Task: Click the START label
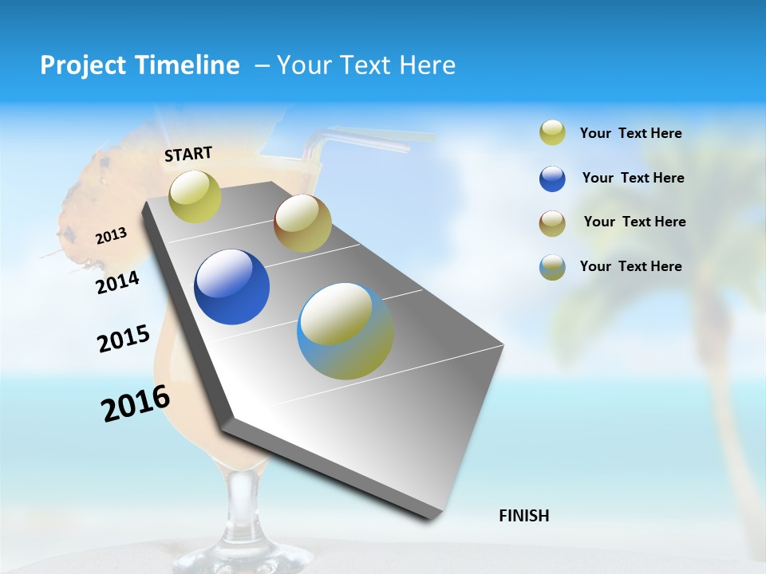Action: (188, 154)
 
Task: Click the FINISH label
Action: (523, 516)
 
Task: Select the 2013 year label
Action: (111, 236)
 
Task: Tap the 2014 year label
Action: (118, 282)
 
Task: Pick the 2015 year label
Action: (124, 339)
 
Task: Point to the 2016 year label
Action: (136, 403)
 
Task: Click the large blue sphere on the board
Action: (231, 287)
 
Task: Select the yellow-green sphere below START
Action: (195, 196)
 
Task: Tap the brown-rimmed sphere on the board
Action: (302, 223)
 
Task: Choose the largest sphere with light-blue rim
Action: (345, 331)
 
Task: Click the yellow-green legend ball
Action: (552, 133)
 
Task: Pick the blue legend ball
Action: (552, 179)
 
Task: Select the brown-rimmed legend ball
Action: (552, 223)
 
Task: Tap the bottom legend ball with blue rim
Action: (552, 267)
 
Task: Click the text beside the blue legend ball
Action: (633, 178)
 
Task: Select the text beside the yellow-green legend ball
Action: (630, 133)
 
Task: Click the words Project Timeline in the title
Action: (140, 65)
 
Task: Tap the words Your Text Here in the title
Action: (365, 65)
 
